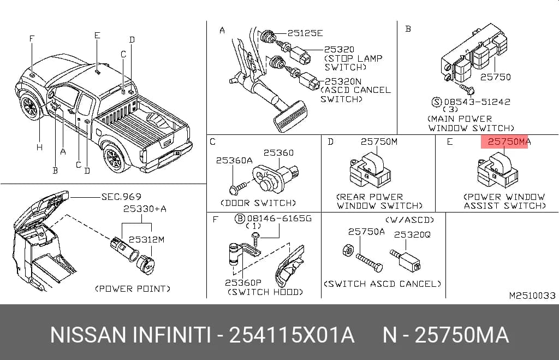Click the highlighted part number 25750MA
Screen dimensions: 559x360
click(x=509, y=141)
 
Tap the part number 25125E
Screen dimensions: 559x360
click(x=305, y=33)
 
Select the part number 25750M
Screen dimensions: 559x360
click(x=379, y=141)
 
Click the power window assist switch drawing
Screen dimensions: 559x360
click(x=498, y=170)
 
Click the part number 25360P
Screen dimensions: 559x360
click(x=243, y=282)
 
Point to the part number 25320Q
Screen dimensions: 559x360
click(x=412, y=234)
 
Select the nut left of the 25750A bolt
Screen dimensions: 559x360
click(x=348, y=250)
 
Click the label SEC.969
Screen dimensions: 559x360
click(x=121, y=197)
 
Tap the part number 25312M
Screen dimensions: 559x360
click(x=146, y=239)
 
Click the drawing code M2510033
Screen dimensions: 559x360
click(x=532, y=296)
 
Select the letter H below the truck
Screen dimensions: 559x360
click(x=39, y=147)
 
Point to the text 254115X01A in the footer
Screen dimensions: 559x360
click(x=292, y=335)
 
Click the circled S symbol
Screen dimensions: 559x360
click(x=437, y=102)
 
